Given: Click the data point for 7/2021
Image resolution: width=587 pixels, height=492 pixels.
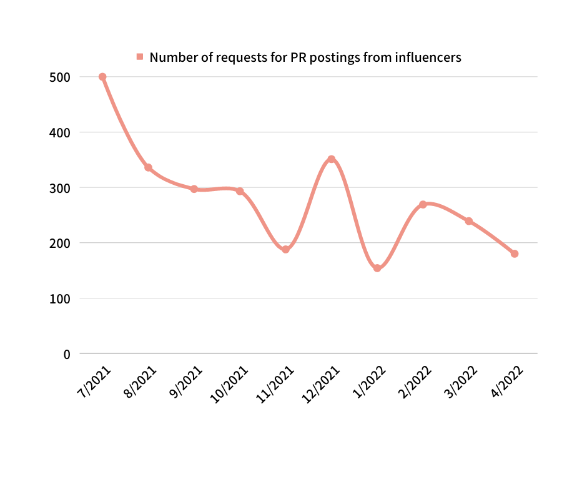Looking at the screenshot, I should tap(102, 77).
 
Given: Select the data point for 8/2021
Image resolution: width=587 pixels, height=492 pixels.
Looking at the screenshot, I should tap(148, 167).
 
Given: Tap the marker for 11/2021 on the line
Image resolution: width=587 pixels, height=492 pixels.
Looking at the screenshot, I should tap(285, 249).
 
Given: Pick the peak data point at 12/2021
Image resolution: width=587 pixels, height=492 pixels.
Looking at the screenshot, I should tap(332, 159).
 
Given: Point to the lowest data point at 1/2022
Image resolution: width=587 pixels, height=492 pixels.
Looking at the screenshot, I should tap(377, 268).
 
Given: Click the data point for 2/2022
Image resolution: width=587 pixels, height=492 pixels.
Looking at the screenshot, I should tap(423, 204).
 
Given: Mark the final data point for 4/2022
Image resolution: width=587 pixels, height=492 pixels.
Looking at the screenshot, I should tap(515, 253).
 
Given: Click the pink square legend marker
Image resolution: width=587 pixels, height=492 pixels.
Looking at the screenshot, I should tap(140, 57).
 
